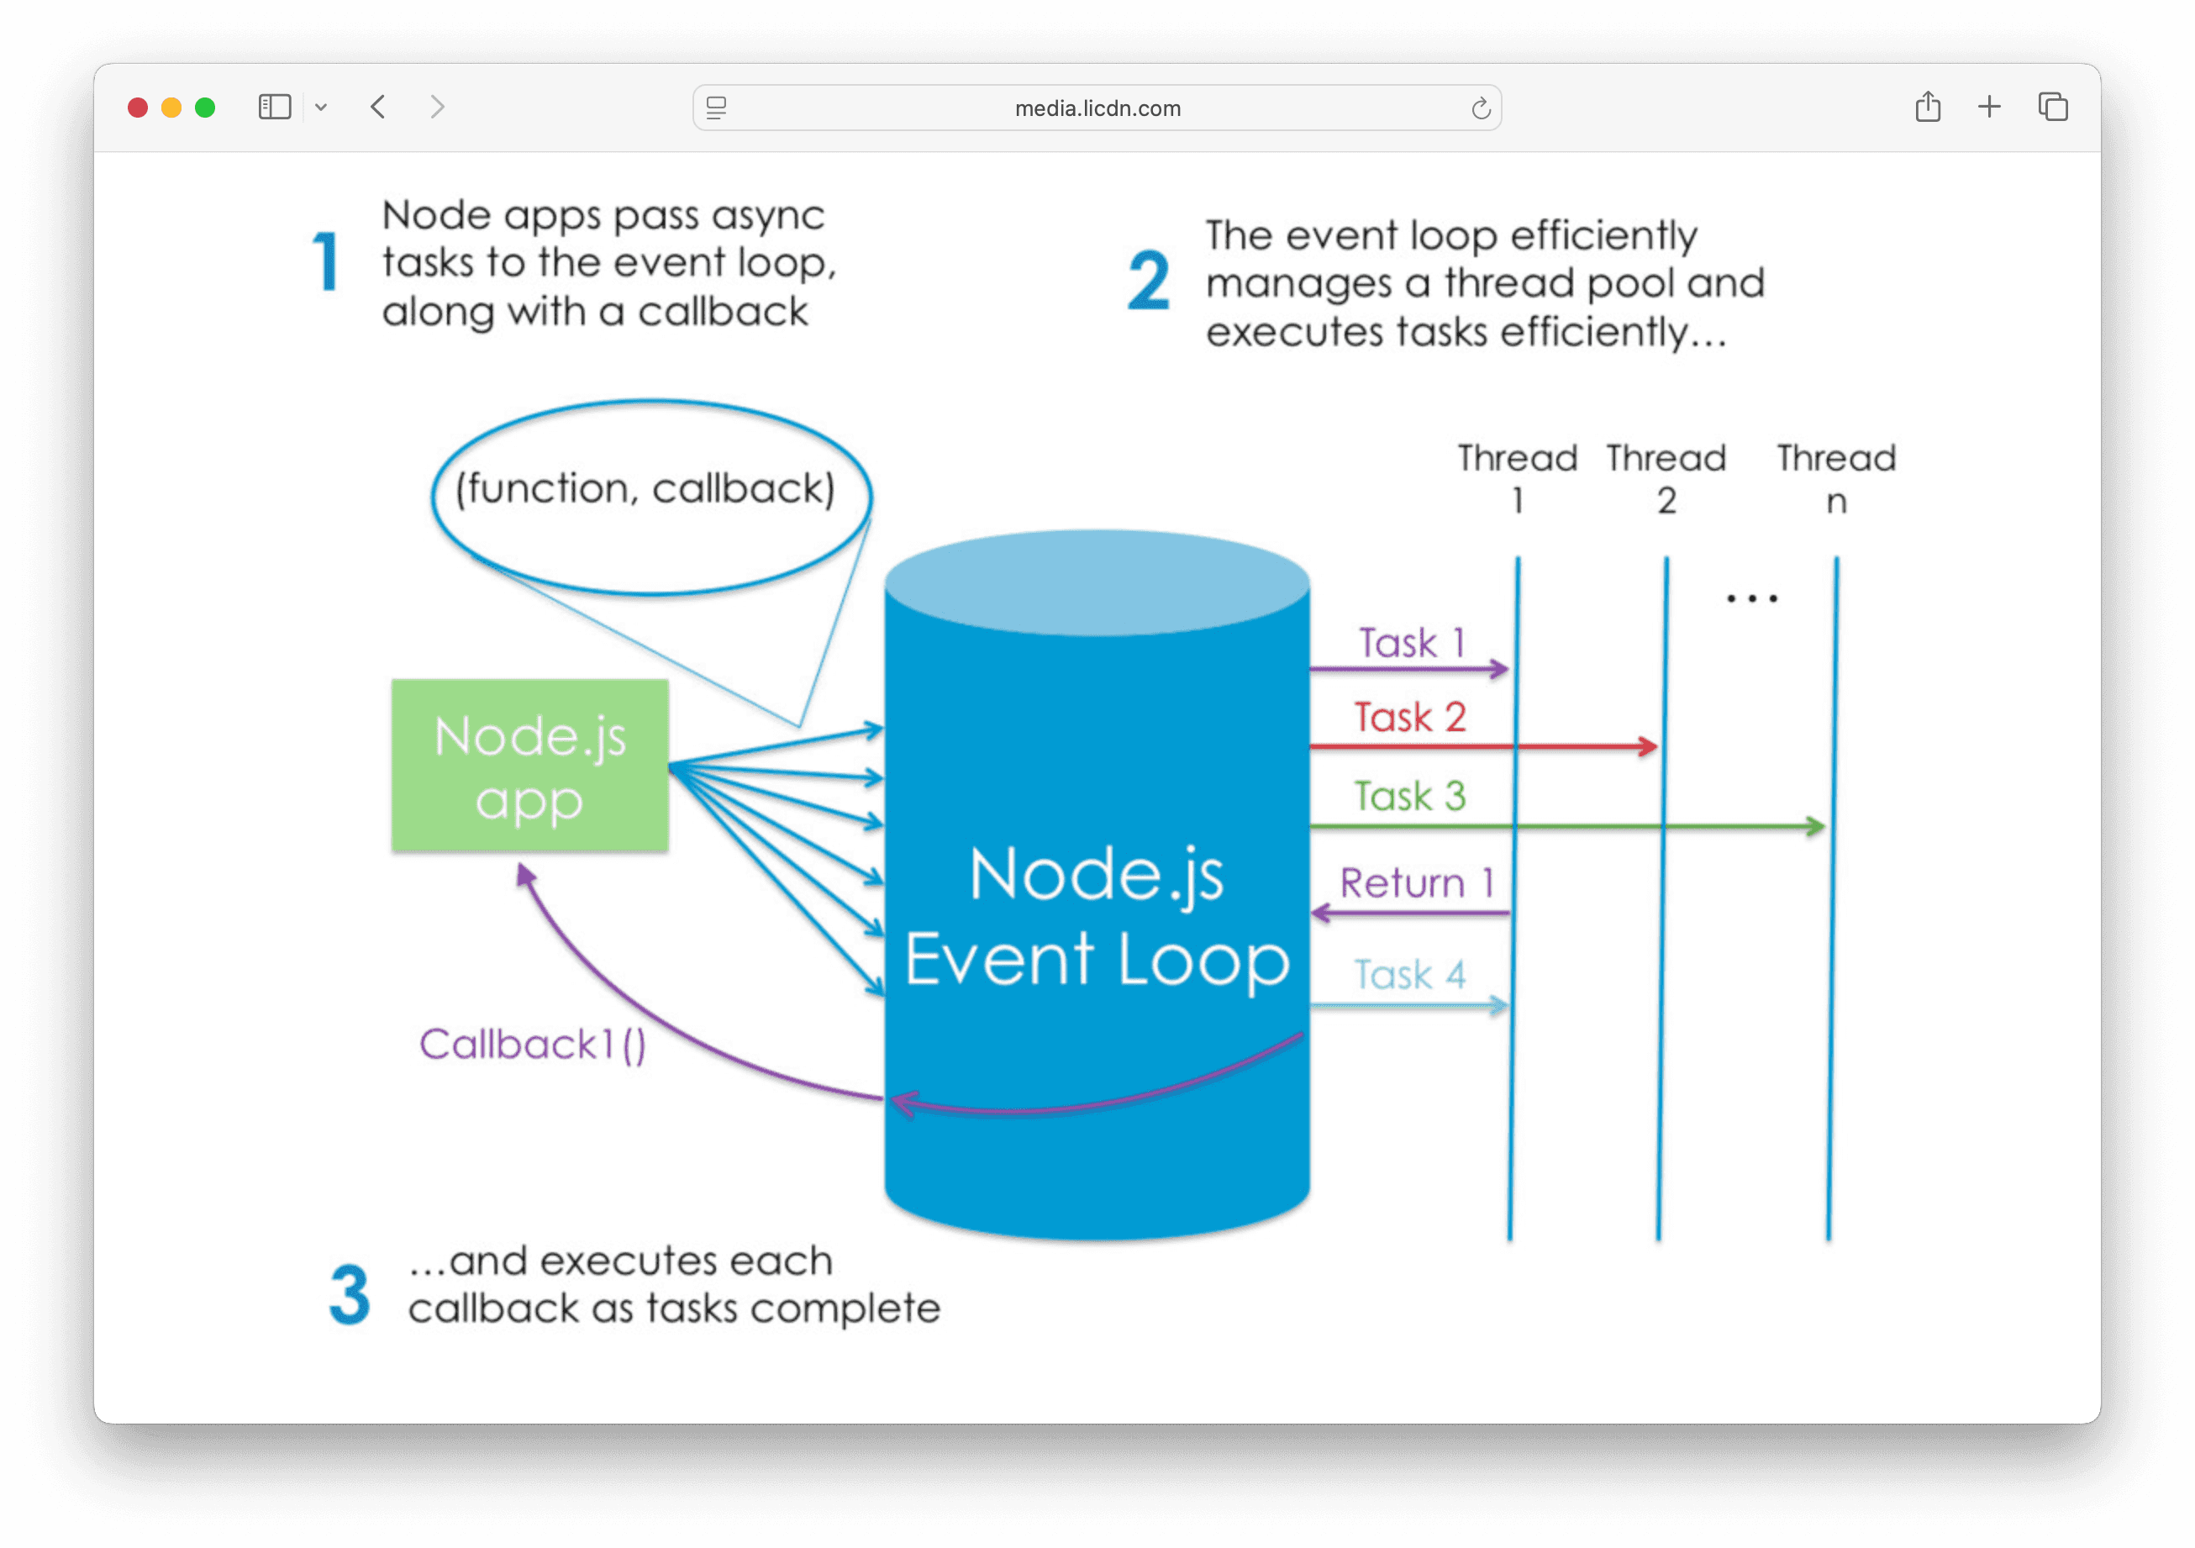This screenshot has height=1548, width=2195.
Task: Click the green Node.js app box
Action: coord(529,765)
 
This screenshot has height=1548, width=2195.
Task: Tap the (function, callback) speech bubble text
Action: coord(645,488)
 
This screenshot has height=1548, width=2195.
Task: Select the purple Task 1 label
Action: coord(1411,643)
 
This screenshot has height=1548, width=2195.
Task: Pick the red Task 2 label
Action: coord(1410,717)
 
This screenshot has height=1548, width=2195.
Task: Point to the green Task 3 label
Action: coord(1410,796)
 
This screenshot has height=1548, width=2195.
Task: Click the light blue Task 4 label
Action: coord(1410,974)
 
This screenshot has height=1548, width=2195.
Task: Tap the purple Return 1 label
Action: coord(1416,882)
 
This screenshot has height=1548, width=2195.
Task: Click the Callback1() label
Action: coord(533,1044)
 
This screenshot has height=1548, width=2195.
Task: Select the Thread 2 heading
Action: coord(1666,478)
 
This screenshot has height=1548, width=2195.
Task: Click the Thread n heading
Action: coord(1836,478)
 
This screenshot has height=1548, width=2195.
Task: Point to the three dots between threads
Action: coord(1751,598)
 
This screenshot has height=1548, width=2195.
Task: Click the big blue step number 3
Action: coord(350,1294)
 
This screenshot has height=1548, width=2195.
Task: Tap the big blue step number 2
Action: coord(1148,280)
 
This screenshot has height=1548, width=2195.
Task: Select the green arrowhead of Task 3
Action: coord(1815,826)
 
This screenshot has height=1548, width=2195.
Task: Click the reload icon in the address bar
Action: coord(1481,108)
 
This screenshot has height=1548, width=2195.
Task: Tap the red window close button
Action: coord(138,107)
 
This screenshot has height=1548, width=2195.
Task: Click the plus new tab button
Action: coord(1989,107)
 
